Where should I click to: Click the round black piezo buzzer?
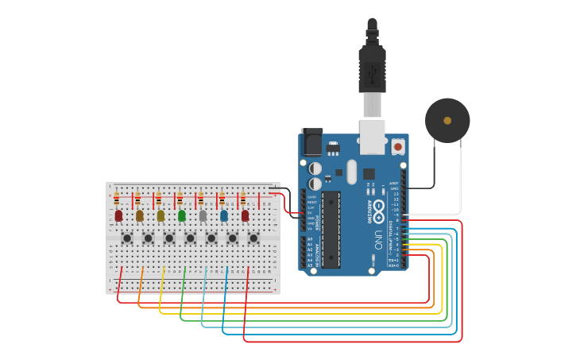coord(447,120)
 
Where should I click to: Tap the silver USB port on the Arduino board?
coord(372,137)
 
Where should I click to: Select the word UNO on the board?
coord(379,239)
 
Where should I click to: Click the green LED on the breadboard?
coord(182,215)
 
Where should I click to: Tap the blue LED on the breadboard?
coord(224,215)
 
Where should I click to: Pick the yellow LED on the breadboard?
coord(160,215)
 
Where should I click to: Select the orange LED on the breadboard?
coord(140,215)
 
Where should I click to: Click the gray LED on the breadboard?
coord(203,215)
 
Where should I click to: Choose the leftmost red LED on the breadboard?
coord(118,215)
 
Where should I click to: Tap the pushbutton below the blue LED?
coord(232,238)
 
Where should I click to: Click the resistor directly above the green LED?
coord(180,199)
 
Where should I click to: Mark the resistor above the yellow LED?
coord(158,199)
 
